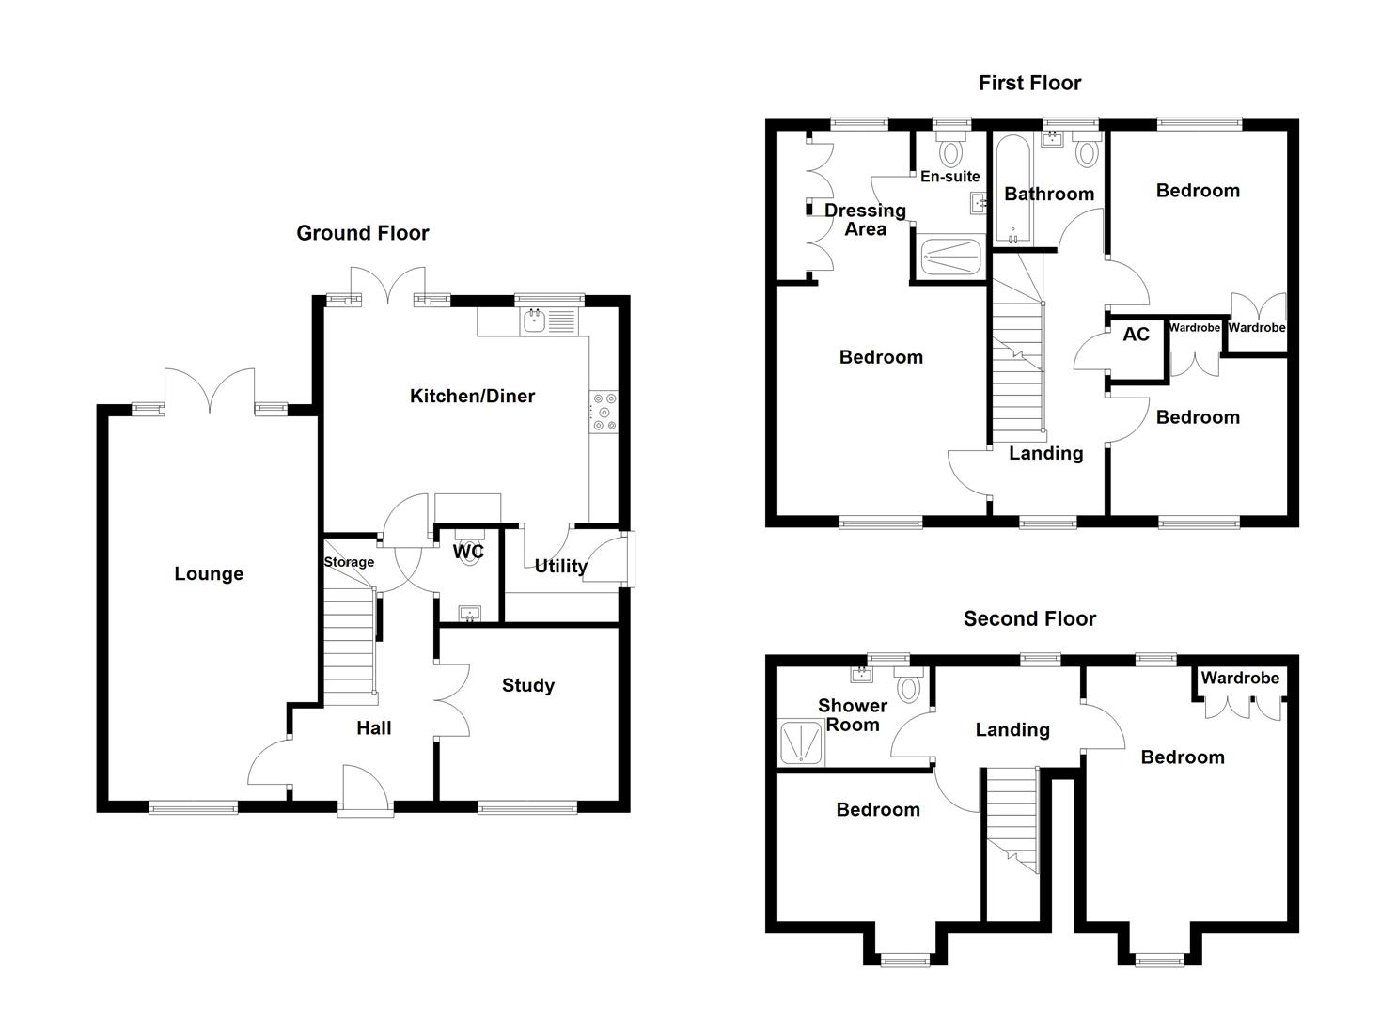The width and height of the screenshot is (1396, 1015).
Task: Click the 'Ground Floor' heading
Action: coord(362,233)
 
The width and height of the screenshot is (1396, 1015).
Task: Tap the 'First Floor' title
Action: coord(1029,83)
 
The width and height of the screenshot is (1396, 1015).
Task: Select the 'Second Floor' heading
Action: coord(1029,618)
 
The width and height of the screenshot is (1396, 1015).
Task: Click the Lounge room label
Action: coord(209,573)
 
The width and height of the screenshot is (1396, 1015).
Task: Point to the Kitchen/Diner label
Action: coord(472,396)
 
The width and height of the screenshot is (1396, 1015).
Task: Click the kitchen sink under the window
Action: coord(534,322)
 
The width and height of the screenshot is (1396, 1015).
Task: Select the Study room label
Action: coord(527,685)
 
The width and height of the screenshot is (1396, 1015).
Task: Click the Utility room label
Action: coord(560,566)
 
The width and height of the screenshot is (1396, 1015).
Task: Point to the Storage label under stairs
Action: coord(349,562)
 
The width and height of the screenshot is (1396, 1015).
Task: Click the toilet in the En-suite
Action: coord(951,149)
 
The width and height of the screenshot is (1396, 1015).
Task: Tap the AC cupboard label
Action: coord(1136,335)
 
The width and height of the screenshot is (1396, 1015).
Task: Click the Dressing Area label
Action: coord(865,219)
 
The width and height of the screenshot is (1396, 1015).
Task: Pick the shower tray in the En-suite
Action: coord(950,255)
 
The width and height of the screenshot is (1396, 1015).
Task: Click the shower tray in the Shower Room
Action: coord(801,742)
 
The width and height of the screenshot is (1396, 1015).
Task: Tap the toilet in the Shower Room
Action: coord(908,686)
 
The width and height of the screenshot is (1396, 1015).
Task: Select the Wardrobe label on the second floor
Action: coord(1240,678)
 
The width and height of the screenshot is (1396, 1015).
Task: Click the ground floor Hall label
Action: coord(373,727)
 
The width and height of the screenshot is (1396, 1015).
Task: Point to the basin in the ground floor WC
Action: coord(468,615)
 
